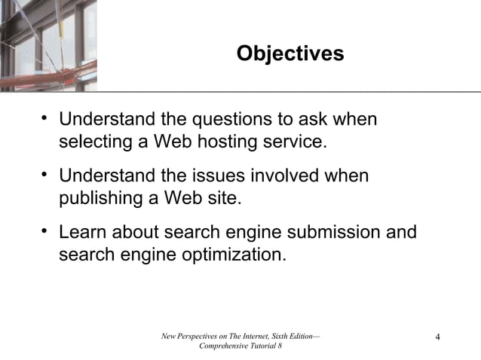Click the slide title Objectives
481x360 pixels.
(290, 54)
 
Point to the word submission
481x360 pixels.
(332, 232)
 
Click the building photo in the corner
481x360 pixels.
(48, 45)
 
